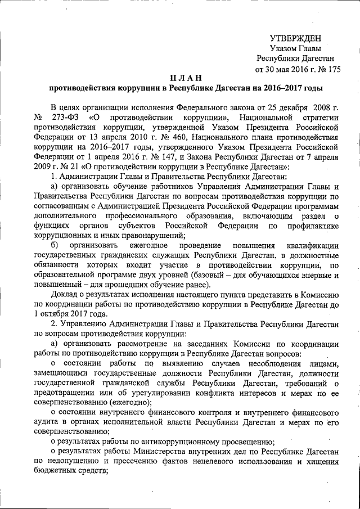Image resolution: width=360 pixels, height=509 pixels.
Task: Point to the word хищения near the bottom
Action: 320,459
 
